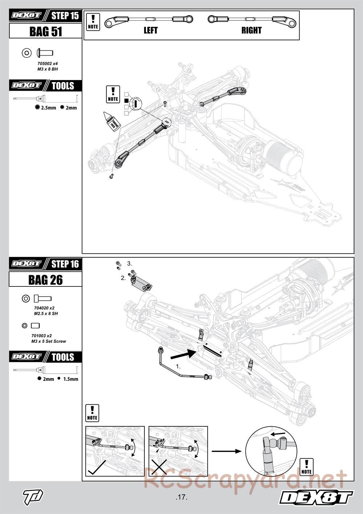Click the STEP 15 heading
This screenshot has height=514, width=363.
click(x=65, y=16)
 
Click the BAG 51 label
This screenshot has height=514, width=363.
click(x=46, y=32)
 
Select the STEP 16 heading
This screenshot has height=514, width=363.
click(x=65, y=264)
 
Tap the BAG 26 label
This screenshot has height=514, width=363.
click(x=46, y=280)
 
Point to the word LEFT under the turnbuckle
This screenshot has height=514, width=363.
click(x=150, y=31)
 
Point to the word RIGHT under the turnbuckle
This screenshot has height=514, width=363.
click(x=251, y=31)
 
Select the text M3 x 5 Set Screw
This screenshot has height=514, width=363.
click(x=49, y=341)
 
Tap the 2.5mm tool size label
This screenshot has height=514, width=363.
click(x=48, y=108)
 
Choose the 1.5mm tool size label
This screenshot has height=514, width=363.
click(x=70, y=379)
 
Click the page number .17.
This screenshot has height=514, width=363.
click(x=181, y=497)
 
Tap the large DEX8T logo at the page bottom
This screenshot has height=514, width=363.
click(x=316, y=497)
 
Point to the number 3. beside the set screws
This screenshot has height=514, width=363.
click(x=130, y=264)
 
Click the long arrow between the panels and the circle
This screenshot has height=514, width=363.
click(x=227, y=451)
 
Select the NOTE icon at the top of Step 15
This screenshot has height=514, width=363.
click(x=93, y=22)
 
